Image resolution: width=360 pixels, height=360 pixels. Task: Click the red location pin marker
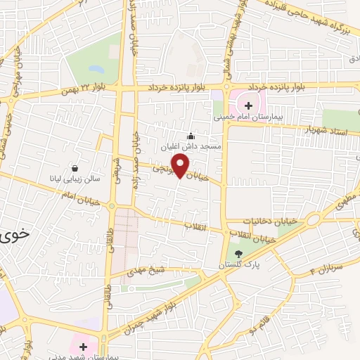(181, 166)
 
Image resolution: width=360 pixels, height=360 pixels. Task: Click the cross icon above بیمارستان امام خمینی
(248, 105)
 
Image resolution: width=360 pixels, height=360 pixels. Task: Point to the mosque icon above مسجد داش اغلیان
(190, 136)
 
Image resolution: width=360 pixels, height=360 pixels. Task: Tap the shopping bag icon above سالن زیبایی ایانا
(75, 168)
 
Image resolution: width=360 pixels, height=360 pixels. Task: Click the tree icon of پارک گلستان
(238, 254)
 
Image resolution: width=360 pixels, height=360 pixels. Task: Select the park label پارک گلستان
(238, 265)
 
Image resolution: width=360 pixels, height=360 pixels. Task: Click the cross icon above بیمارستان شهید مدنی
(84, 347)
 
